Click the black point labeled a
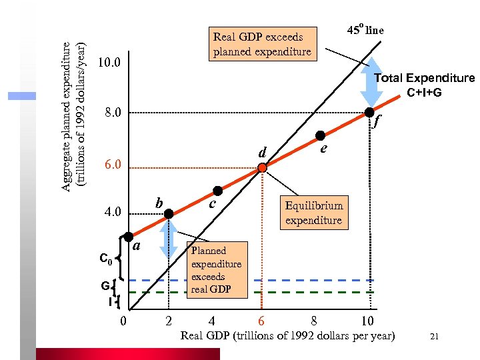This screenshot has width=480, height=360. tap(129, 237)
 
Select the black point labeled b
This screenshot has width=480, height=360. tap(169, 213)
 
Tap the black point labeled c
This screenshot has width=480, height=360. tap(217, 191)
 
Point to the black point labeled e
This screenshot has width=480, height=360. tap(320, 135)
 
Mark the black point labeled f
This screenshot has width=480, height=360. tap(369, 112)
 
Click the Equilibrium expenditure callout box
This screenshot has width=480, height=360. tap(313, 213)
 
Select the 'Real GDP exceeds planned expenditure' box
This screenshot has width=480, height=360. tap(262, 44)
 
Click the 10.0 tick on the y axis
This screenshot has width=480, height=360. tap(109, 63)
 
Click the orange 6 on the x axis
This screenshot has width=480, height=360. tap(262, 320)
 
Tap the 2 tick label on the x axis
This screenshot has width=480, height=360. tap(169, 320)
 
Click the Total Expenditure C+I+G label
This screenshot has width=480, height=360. tap(424, 85)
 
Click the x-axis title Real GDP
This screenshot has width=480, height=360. tap(287, 335)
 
